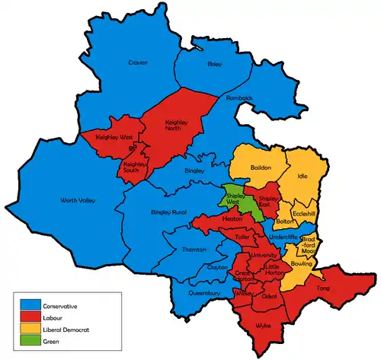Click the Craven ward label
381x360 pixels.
137,62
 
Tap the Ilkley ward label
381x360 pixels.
214,65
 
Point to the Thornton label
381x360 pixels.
194,250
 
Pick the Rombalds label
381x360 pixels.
239,98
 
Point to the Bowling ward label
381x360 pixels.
301,263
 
